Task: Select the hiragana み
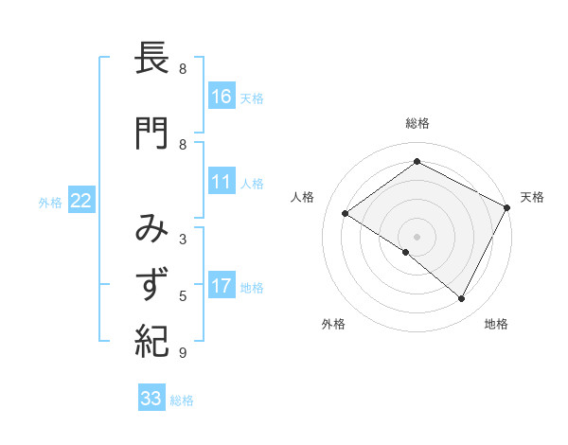pos(152,228)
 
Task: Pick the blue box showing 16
pos(222,97)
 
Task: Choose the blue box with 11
pos(222,183)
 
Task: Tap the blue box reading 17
pos(222,287)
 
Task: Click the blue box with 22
pos(81,201)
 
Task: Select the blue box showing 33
pos(151,399)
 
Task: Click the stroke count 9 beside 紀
pos(183,353)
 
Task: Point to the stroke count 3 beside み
pos(183,240)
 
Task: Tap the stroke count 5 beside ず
pos(183,297)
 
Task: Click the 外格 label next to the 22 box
pos(50,202)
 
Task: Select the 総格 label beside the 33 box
pos(182,400)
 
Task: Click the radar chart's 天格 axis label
pos(532,197)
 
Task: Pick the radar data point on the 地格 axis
pos(462,299)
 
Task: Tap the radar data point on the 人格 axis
pos(346,214)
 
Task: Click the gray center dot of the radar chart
pos(417,235)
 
